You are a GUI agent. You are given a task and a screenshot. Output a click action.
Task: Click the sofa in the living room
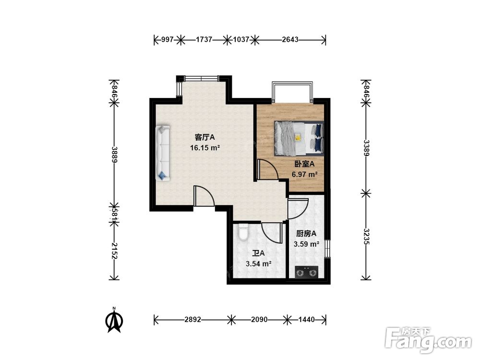click(163, 153)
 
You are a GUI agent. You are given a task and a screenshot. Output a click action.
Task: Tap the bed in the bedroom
click(299, 138)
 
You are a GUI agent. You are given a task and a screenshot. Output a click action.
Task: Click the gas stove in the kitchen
click(306, 272)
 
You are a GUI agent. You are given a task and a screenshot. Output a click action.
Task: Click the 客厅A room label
click(205, 137)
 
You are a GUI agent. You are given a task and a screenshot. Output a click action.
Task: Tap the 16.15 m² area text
click(205, 148)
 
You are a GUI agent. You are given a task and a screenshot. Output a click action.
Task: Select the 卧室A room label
click(304, 164)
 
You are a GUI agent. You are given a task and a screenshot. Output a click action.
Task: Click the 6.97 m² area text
click(304, 175)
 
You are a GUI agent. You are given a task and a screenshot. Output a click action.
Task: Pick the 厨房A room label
click(306, 234)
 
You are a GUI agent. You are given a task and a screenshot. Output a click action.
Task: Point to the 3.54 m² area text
click(259, 264)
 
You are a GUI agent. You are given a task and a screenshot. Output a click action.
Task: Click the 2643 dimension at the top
click(290, 39)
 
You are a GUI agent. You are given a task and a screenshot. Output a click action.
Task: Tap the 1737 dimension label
click(204, 39)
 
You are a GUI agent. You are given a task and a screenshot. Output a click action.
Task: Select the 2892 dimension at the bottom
click(192, 320)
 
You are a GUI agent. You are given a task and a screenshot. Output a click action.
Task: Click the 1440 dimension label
click(306, 320)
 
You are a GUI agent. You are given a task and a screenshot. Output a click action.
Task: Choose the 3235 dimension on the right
click(366, 236)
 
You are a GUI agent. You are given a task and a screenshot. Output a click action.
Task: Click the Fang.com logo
click(428, 340)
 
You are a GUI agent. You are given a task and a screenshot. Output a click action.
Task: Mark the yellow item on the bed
click(298, 137)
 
